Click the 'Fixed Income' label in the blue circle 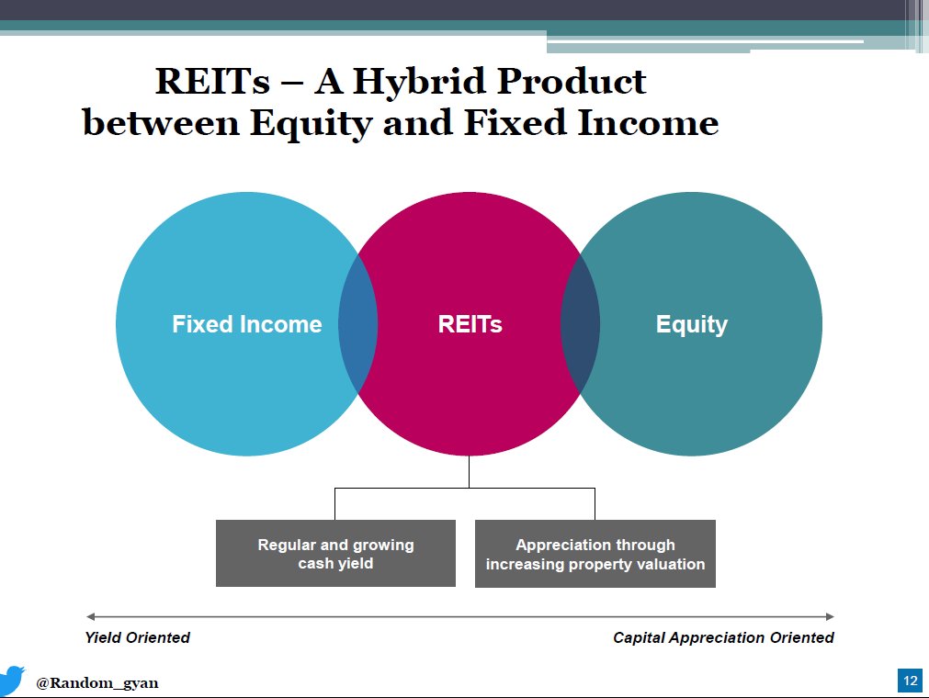tap(246, 324)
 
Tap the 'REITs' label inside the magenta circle tap(470, 324)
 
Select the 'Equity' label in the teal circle tap(691, 324)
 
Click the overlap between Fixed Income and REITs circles tap(358, 324)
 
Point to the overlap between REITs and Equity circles tap(580, 324)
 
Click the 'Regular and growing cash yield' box tap(335, 554)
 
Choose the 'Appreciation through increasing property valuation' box tap(595, 554)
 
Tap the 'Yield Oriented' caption tap(137, 637)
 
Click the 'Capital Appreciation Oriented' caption tap(723, 637)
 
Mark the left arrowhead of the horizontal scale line tap(90, 616)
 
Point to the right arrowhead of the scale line tap(830, 616)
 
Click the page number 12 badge tap(910, 681)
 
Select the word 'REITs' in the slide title tap(212, 83)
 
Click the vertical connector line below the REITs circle tap(469, 472)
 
